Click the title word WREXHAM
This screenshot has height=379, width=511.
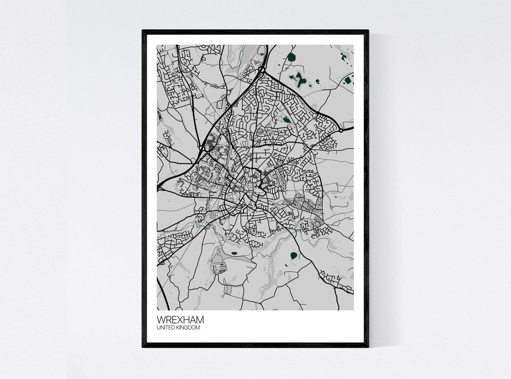coord(180,320)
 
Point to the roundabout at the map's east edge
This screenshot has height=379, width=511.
coord(341,131)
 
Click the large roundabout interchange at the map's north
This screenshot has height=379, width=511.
coord(261,69)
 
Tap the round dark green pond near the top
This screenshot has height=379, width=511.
coord(292,58)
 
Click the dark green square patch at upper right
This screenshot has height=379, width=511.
coord(348,80)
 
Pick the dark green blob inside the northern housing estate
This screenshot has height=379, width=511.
coord(286,120)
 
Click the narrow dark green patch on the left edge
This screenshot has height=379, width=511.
coord(158,114)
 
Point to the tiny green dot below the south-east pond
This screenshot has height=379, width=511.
coord(286,266)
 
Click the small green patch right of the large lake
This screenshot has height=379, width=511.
coord(318,81)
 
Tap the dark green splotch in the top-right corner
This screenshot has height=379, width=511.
coord(344,57)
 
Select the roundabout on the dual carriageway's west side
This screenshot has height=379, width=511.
coord(202,148)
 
